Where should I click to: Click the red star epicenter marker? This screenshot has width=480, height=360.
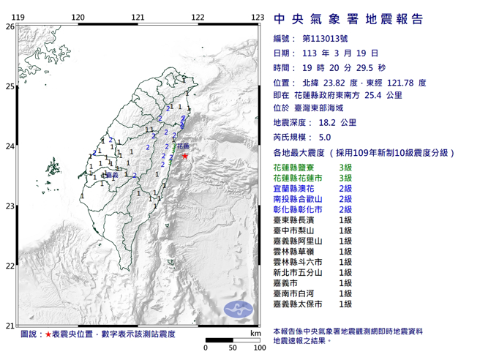185,156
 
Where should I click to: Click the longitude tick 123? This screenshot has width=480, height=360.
257,17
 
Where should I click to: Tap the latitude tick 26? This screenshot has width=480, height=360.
10,26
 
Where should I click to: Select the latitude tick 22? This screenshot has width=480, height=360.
10,266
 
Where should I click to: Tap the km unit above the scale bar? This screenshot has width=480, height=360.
254,333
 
